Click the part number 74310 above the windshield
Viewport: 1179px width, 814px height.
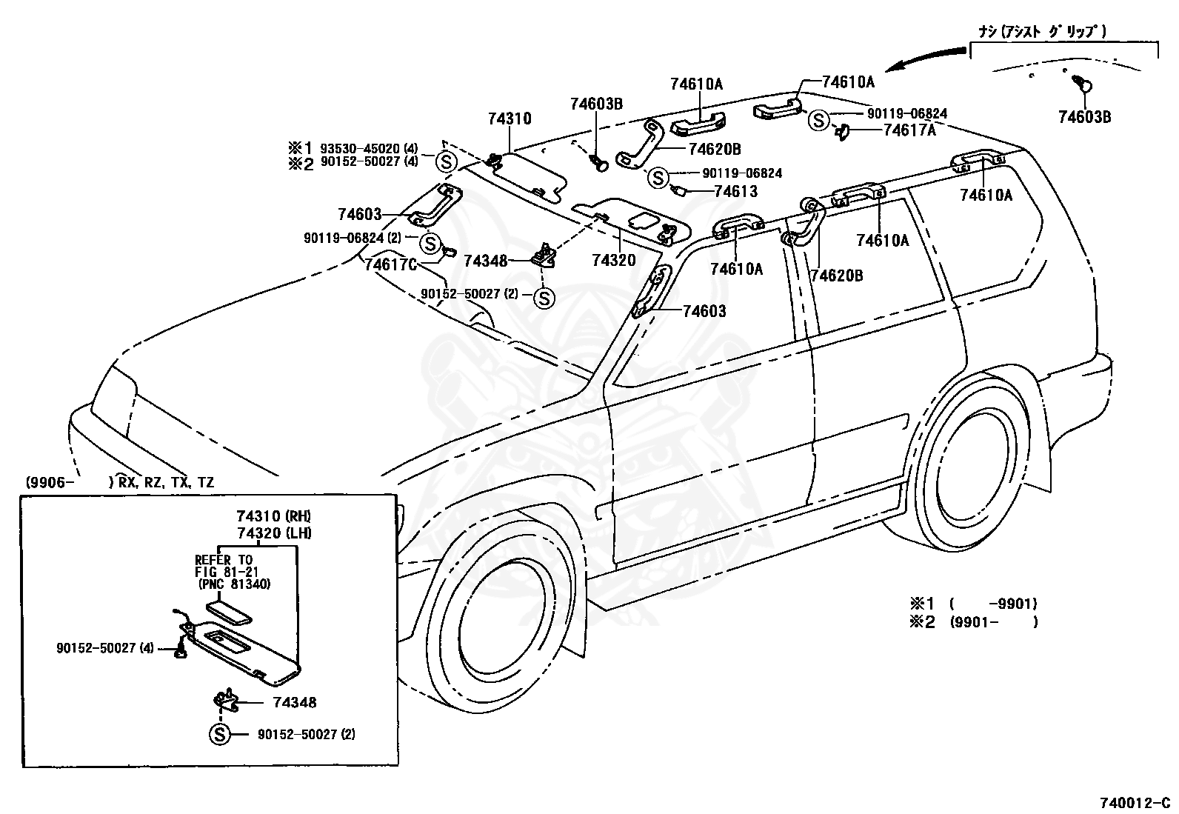tap(510, 119)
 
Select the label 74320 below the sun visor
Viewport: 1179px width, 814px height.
tap(614, 260)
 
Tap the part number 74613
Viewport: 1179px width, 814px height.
tap(736, 192)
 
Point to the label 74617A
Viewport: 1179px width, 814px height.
tap(909, 130)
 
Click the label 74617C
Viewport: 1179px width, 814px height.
tap(390, 264)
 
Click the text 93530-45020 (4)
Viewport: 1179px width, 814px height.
tap(370, 148)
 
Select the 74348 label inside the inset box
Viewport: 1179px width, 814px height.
tap(295, 702)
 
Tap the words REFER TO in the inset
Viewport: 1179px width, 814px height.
tap(224, 560)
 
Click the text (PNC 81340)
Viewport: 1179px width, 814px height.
tap(235, 584)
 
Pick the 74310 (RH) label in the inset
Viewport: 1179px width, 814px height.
tap(274, 516)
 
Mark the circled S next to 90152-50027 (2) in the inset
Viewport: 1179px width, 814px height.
tap(220, 734)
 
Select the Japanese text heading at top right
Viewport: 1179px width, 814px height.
tap(1042, 32)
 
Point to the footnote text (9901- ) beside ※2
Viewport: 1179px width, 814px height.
tap(994, 622)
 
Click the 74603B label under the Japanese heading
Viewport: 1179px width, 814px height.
tap(1085, 117)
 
